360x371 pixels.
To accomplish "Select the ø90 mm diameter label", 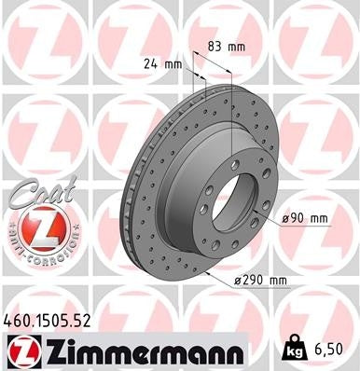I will point(306,218).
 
